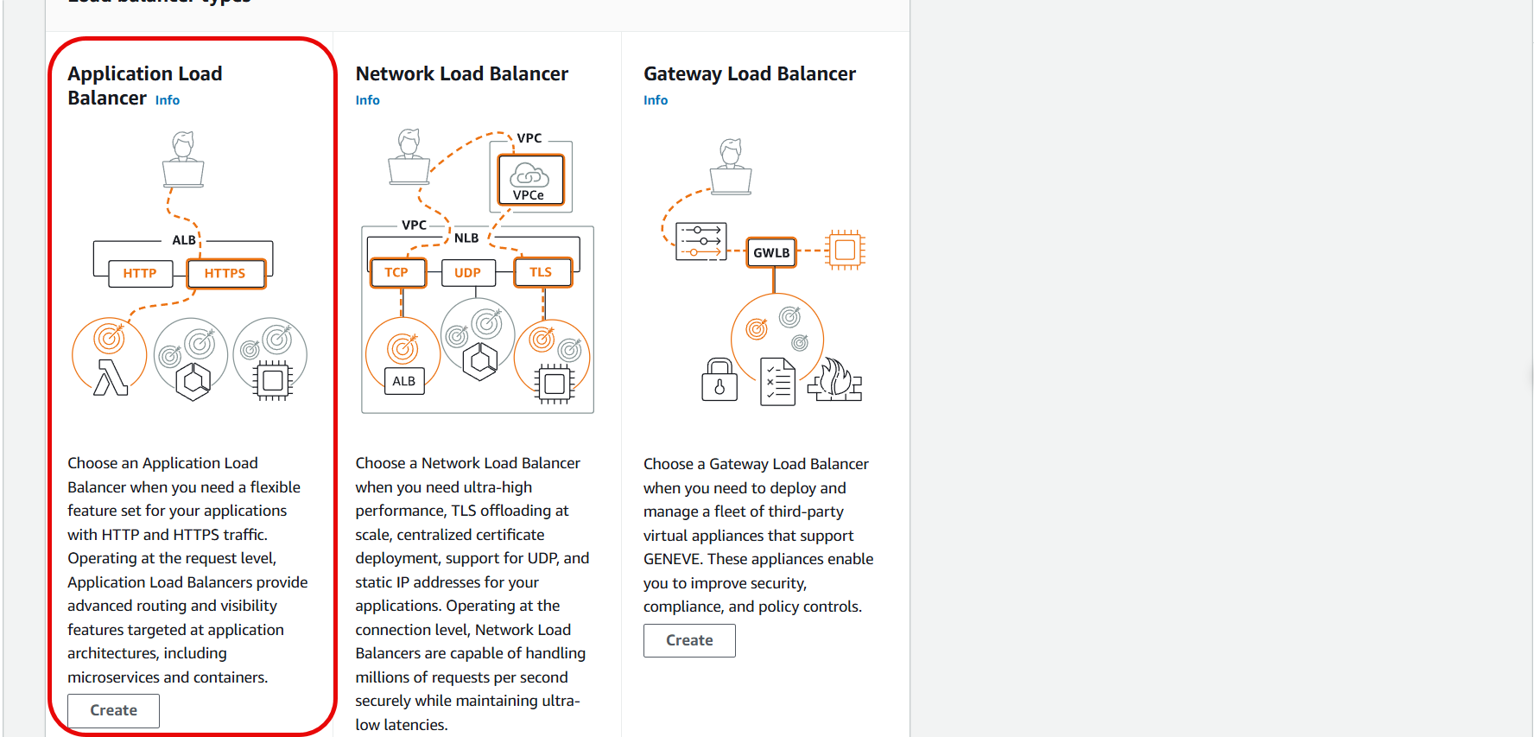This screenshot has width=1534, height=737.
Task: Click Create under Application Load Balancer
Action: [113, 710]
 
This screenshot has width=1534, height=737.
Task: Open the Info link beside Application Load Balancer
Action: [168, 100]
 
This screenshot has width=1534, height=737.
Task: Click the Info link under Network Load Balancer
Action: [367, 100]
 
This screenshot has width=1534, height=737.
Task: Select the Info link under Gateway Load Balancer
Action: [656, 100]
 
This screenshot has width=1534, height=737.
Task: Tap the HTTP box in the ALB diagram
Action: [139, 273]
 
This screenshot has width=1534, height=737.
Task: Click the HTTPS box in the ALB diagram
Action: [225, 273]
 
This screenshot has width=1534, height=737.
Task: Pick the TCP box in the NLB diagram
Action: [396, 272]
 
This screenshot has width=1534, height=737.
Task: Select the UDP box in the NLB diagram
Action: [467, 272]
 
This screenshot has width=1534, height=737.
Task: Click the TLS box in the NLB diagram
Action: [541, 272]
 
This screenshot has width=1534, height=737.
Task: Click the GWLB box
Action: [771, 252]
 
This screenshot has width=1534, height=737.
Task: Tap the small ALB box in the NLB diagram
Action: [404, 381]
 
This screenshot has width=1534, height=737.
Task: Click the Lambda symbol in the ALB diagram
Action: [111, 377]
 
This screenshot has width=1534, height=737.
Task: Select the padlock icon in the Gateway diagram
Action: [719, 380]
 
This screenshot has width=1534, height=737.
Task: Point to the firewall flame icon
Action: [835, 379]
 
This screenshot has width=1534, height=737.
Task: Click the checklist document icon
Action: [777, 381]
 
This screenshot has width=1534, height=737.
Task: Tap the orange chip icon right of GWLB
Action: [845, 251]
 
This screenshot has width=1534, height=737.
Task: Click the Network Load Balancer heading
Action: [462, 74]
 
